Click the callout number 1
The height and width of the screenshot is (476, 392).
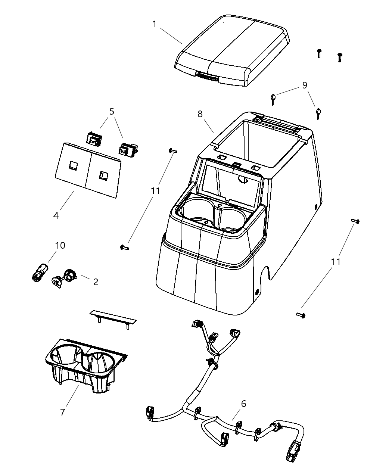point(154,24)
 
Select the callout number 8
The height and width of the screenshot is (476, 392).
point(200,114)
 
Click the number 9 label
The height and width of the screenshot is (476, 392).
point(305,85)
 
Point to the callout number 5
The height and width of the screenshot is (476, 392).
point(112,111)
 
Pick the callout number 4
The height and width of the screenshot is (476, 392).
point(56,215)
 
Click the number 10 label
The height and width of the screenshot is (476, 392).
point(60,245)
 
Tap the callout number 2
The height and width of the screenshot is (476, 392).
point(96,282)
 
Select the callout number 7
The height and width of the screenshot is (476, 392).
point(62,412)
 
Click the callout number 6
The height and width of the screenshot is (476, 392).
point(243,404)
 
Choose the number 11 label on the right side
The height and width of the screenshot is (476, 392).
point(336,262)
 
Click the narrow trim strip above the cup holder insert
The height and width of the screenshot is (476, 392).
point(113,317)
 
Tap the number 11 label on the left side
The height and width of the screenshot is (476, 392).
point(155,191)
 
